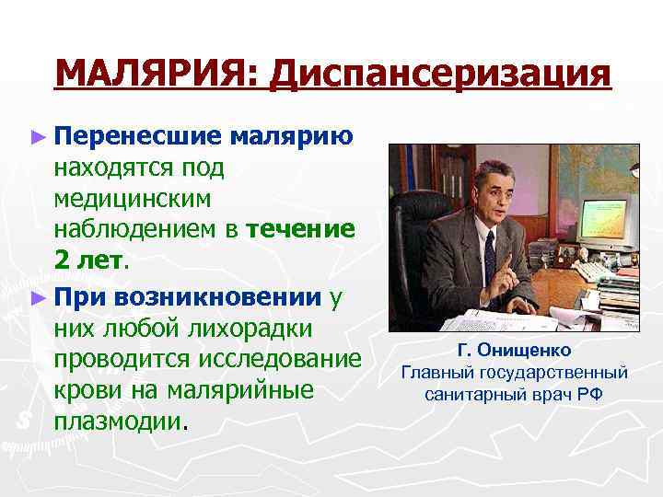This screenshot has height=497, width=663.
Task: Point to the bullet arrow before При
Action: (37, 297)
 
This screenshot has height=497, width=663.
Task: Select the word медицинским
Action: (133, 199)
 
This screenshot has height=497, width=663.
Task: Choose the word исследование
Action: (274, 359)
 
